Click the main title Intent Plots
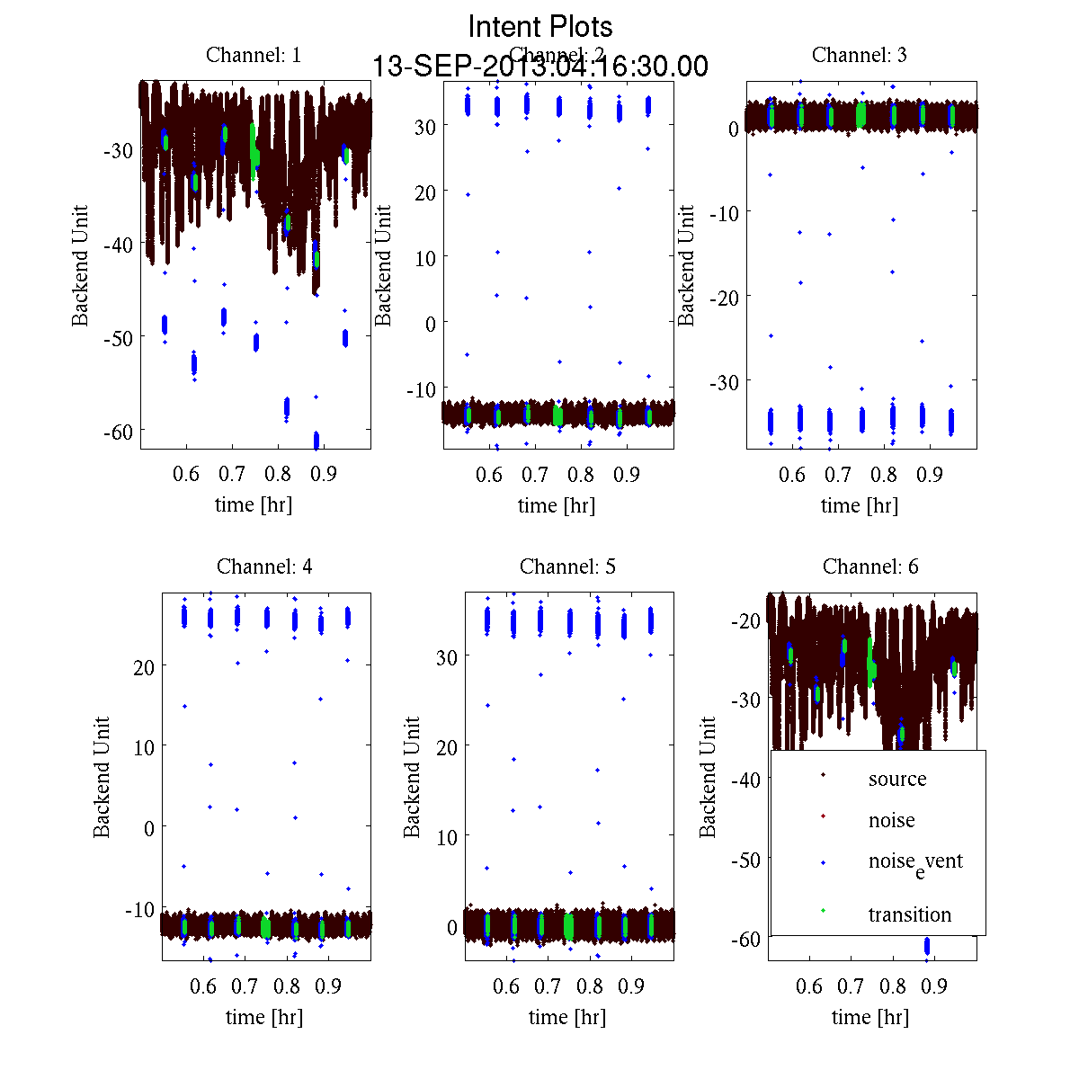point(540,26)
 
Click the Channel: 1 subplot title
point(254,55)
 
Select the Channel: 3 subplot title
point(859,55)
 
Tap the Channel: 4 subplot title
point(264,566)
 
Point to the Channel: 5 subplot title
point(567,566)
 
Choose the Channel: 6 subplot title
point(870,566)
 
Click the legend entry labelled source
point(896,779)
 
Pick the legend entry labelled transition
point(909,914)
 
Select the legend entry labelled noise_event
point(914,862)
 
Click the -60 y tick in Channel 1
point(119,431)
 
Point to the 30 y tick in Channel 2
point(424,126)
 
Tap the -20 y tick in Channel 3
point(725,297)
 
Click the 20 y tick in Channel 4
point(143,666)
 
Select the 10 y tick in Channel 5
point(446,836)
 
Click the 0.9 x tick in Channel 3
point(930,474)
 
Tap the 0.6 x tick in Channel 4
point(204,986)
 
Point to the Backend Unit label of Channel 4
point(102,777)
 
